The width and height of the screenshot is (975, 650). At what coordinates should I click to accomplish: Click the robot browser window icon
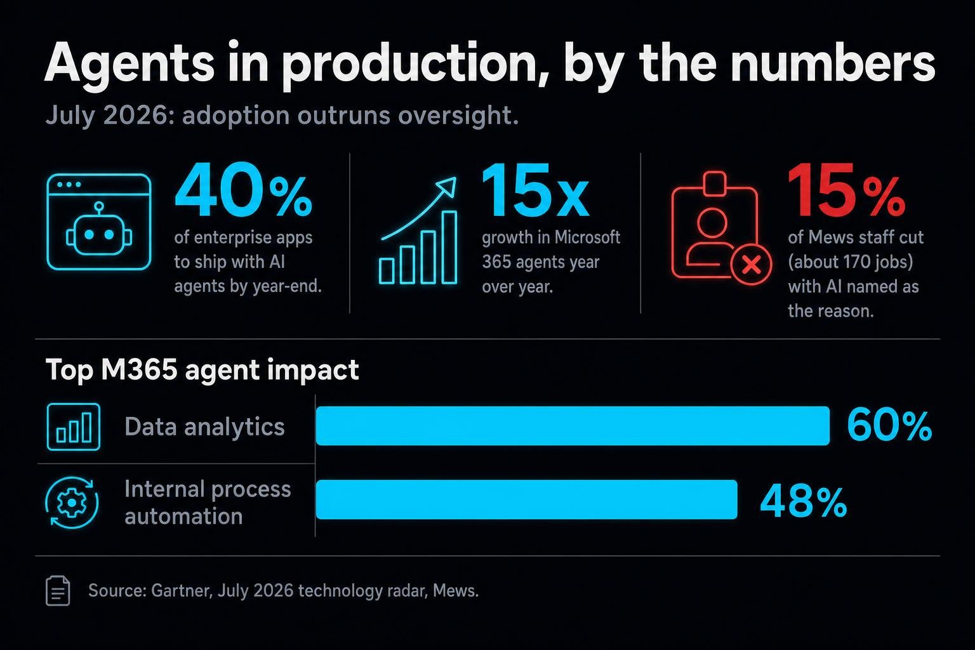pos(99,222)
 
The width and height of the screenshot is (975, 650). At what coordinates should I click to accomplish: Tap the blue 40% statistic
pos(243,190)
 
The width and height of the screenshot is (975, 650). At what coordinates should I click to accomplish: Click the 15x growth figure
pos(535,190)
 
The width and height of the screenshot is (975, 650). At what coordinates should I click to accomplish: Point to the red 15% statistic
pos(846,190)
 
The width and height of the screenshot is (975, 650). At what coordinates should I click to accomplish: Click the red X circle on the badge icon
pos(752,264)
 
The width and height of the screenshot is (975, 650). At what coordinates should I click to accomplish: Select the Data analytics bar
pos(573,426)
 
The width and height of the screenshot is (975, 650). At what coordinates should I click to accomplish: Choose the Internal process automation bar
pos(527,500)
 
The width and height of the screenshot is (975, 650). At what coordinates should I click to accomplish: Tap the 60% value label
pos(889,426)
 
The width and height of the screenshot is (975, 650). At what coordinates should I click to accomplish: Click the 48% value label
pos(804,501)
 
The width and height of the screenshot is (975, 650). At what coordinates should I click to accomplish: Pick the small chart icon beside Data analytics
pos(73,427)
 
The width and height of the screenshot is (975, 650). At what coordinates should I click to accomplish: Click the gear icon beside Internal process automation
pos(72,503)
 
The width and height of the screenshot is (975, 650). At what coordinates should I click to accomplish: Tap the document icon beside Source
pos(58,591)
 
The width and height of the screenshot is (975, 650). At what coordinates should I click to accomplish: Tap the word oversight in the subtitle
pos(458,116)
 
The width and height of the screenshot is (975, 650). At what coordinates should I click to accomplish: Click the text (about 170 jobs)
pos(851,262)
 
